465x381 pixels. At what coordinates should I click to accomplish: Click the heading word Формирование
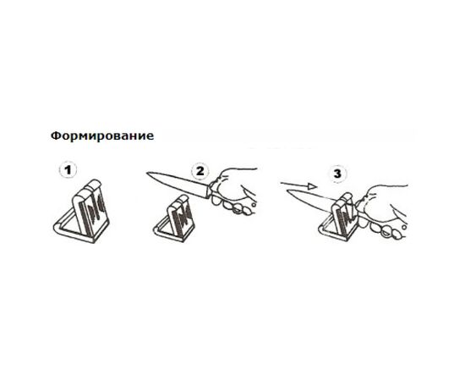click(x=102, y=136)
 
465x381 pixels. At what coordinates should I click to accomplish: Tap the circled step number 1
click(x=68, y=170)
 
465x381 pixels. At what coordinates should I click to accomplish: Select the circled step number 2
click(x=200, y=171)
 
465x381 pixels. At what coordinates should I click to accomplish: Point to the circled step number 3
click(x=337, y=174)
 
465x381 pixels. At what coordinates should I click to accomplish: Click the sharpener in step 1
click(x=81, y=212)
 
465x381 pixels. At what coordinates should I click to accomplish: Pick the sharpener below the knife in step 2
click(x=174, y=218)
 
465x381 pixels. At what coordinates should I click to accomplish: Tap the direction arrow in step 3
click(x=298, y=185)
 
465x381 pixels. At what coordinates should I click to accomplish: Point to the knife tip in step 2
click(x=147, y=173)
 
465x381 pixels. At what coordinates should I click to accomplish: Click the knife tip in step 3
click(x=287, y=191)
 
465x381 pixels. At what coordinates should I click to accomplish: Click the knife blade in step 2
click(x=178, y=183)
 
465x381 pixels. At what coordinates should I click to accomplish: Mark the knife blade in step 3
click(x=311, y=200)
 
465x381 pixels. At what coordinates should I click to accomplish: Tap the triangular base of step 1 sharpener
click(x=80, y=229)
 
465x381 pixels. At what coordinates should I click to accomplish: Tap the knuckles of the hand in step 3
click(x=386, y=229)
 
